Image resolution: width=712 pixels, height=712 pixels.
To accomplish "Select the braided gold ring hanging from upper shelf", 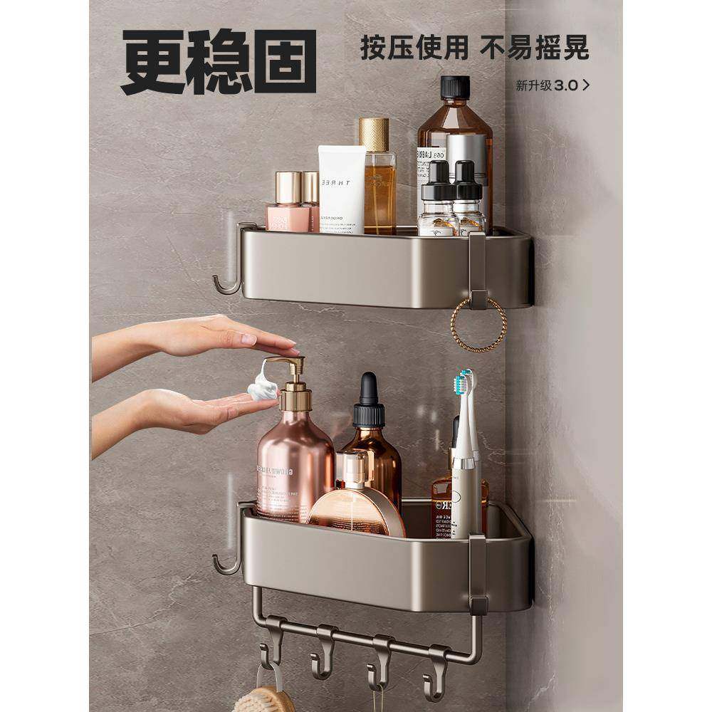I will click(478, 324).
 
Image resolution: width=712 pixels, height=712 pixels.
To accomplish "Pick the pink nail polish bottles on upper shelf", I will click(293, 203).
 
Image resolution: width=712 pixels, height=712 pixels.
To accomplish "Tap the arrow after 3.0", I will click(585, 85).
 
